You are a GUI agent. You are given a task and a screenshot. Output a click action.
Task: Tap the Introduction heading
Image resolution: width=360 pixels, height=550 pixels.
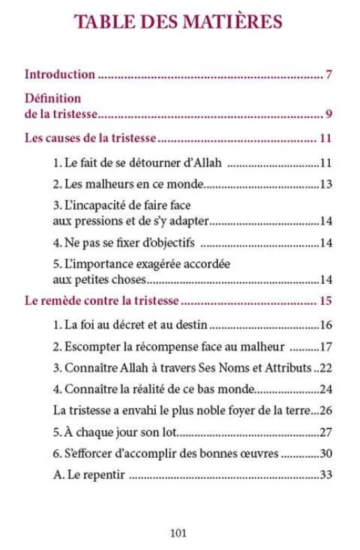60,73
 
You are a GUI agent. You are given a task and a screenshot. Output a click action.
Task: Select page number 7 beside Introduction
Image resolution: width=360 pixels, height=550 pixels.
328,74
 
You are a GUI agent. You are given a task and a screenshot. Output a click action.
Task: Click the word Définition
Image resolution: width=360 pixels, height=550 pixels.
53,98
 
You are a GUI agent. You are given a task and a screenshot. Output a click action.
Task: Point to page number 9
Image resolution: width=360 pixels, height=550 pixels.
328,115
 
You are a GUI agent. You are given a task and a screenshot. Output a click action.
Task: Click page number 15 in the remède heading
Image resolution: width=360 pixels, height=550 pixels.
324,302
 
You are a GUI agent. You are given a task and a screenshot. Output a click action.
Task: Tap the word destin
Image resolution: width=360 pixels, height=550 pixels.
193,325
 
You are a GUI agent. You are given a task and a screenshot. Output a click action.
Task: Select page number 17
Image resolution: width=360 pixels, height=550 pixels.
325,346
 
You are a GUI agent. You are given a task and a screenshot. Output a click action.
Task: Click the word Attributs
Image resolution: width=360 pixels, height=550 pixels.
287,367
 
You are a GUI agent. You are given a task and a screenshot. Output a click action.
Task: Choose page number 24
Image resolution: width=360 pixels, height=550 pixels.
325,389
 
